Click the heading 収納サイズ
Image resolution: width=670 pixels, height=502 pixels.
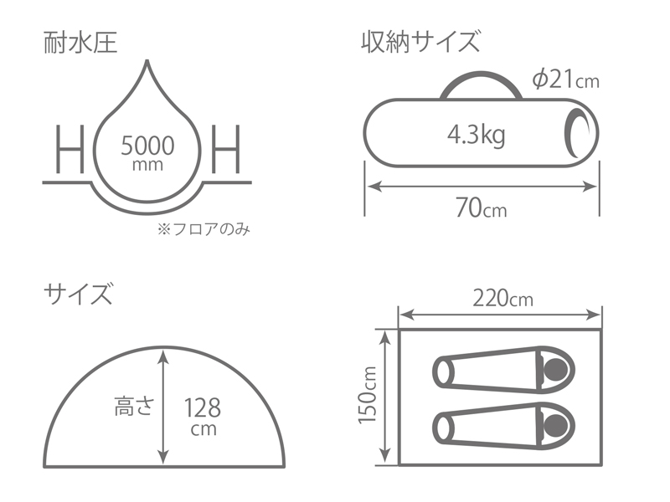click(x=421, y=39)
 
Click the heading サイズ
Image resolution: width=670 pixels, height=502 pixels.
click(x=78, y=295)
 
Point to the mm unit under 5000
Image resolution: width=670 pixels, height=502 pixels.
click(x=147, y=166)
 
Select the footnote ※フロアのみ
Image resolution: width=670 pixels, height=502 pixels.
click(x=204, y=228)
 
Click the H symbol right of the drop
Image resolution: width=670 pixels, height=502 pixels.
click(x=226, y=150)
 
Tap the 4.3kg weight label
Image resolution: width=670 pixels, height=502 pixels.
click(x=476, y=134)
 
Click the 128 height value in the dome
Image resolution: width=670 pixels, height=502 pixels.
click(x=202, y=408)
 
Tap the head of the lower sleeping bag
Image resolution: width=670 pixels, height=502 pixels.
click(x=554, y=426)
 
